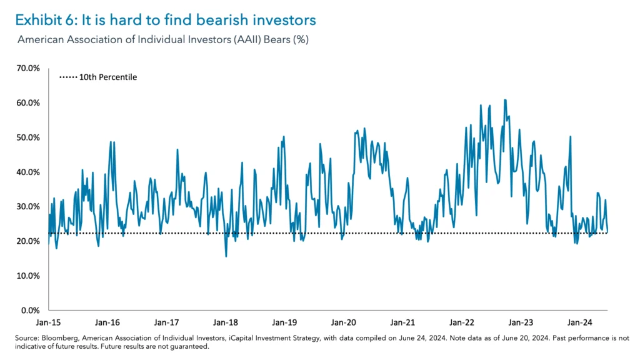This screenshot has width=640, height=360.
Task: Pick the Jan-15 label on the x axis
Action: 48,322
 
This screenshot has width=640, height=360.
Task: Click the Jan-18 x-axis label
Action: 225,322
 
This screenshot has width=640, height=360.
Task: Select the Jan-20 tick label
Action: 343,322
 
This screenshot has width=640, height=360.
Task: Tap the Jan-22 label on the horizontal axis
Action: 461,322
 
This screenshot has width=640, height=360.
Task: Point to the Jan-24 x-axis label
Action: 579,322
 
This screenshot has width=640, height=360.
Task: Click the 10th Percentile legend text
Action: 107,77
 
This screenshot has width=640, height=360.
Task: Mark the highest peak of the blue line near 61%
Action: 504,99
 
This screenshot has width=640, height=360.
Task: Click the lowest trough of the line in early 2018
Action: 226,256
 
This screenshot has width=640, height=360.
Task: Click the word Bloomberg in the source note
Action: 59,338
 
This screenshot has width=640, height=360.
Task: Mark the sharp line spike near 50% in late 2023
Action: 570,136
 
